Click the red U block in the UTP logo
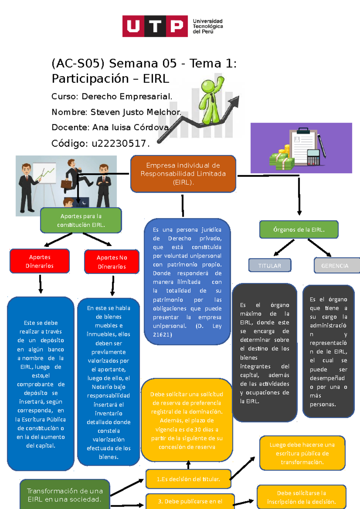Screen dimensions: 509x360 (x=133, y=26)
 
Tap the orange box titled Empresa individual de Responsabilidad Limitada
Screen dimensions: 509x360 (x=183, y=174)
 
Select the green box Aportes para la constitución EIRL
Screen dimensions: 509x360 (x=81, y=220)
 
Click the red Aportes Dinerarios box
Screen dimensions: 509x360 (x=40, y=261)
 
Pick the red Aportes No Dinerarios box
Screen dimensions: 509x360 (x=112, y=262)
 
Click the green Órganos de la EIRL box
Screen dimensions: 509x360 (x=299, y=230)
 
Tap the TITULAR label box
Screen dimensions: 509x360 (x=270, y=266)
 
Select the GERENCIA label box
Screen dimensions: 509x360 (x=335, y=266)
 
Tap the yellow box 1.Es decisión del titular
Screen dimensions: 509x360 (x=188, y=479)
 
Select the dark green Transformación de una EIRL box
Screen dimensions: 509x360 (x=65, y=495)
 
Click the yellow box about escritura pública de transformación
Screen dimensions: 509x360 (x=302, y=453)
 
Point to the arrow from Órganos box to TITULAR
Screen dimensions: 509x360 (x=284, y=248)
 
